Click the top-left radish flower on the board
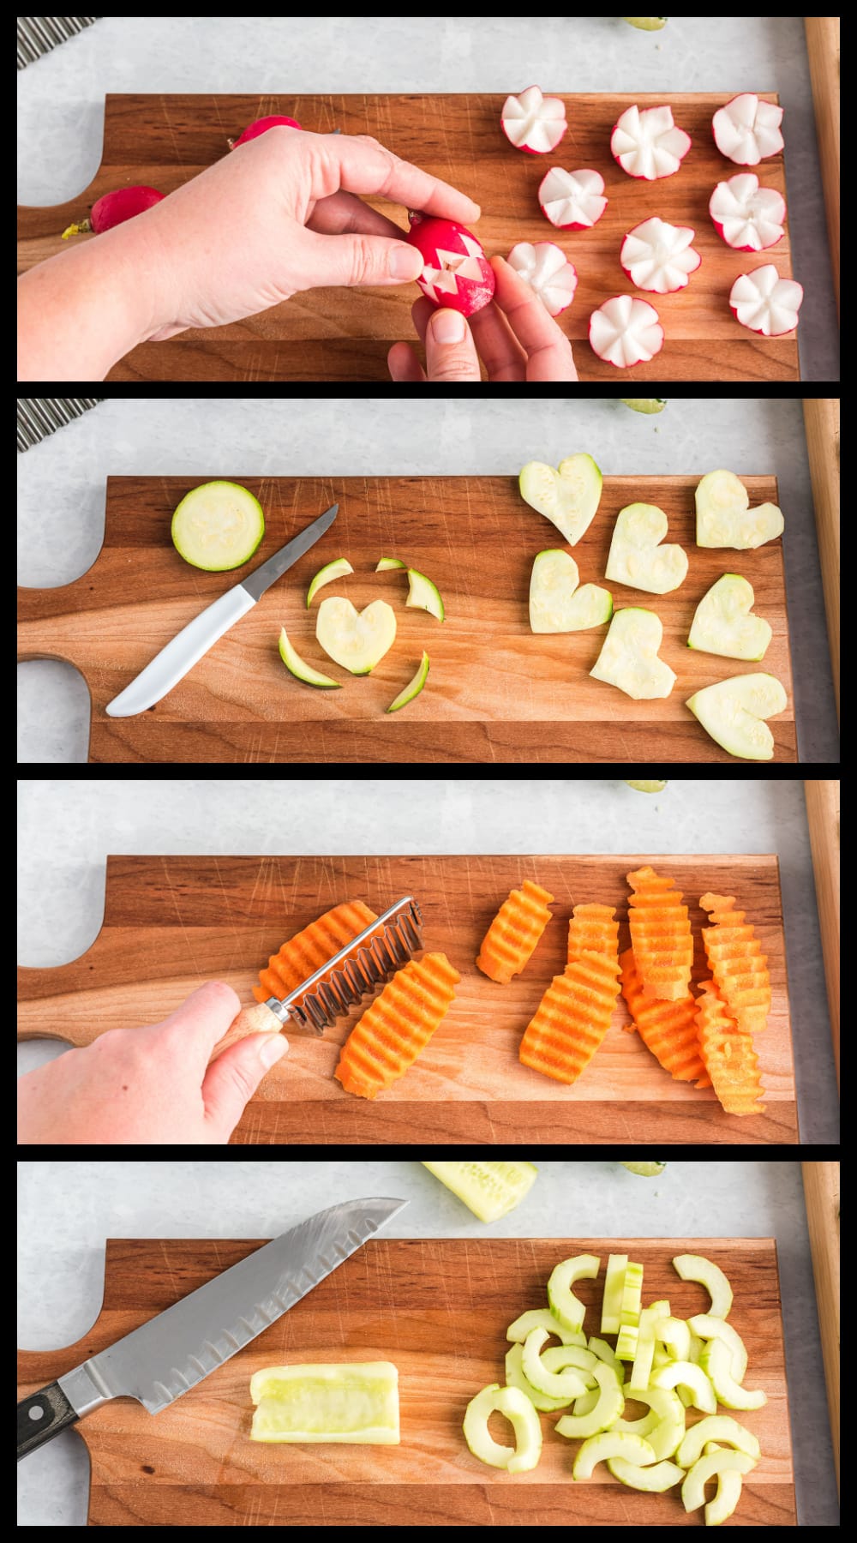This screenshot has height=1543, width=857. click(x=533, y=123)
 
